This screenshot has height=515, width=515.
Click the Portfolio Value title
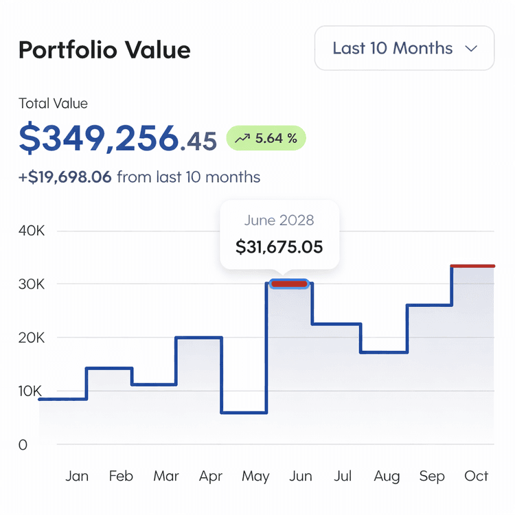coord(104,50)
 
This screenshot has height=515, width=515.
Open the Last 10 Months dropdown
coord(404,48)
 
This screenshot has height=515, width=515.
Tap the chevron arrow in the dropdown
coord(471,49)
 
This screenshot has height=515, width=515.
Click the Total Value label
coord(53,104)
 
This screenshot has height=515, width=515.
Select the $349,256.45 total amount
coord(117,139)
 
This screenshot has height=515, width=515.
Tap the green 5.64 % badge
coord(266,139)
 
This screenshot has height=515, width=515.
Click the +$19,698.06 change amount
coord(65,177)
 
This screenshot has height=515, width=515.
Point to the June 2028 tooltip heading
coord(279,220)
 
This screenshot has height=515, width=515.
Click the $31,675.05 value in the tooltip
coord(279,247)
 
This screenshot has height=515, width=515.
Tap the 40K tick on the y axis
coord(32,231)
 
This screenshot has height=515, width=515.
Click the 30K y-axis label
coord(32,284)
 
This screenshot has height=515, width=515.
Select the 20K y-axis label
coord(32,338)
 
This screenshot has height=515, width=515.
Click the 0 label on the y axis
coord(23,445)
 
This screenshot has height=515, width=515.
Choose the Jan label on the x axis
coord(77,476)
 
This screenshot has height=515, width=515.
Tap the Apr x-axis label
coord(210,476)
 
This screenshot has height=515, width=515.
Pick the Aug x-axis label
coord(387,476)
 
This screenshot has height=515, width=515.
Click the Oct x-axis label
coord(477,476)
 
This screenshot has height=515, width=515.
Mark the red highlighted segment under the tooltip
coord(289,284)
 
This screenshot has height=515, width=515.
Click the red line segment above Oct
coord(473,266)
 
